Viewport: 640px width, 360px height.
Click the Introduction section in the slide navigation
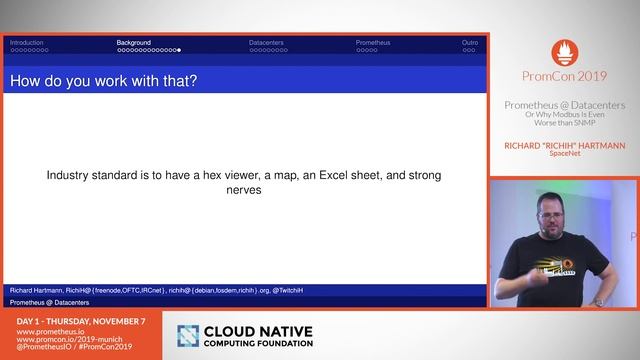pos(27,43)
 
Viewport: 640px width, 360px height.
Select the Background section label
pos(134,43)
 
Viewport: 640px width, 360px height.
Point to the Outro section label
pos(470,43)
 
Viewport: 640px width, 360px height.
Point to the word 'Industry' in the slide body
pos(71,175)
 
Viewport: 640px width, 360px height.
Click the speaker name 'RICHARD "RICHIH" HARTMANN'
pos(565,145)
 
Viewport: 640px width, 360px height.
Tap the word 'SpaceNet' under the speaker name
pos(565,155)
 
